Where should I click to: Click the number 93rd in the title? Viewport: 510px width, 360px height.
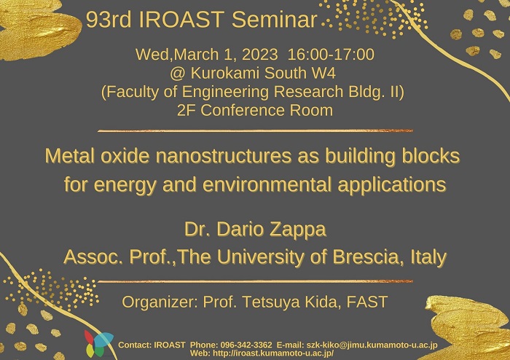click(109, 19)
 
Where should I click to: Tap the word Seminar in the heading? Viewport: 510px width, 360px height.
click(274, 19)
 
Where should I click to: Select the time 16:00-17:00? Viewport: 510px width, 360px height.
click(331, 54)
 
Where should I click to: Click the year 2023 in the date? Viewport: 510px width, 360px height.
click(260, 54)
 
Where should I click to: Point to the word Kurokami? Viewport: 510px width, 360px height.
click(224, 73)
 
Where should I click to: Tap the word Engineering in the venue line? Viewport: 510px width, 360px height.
click(225, 93)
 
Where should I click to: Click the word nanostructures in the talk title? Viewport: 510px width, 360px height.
click(224, 156)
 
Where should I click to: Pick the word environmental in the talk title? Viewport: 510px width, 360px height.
click(267, 184)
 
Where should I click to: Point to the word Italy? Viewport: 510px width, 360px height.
click(428, 257)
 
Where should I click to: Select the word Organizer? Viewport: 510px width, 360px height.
click(160, 302)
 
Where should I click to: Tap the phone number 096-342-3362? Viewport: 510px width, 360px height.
click(246, 345)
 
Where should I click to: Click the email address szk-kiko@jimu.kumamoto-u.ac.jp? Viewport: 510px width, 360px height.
click(372, 345)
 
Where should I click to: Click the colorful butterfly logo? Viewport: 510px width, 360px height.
click(98, 344)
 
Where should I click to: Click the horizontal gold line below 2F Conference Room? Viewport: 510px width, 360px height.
click(255, 130)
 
